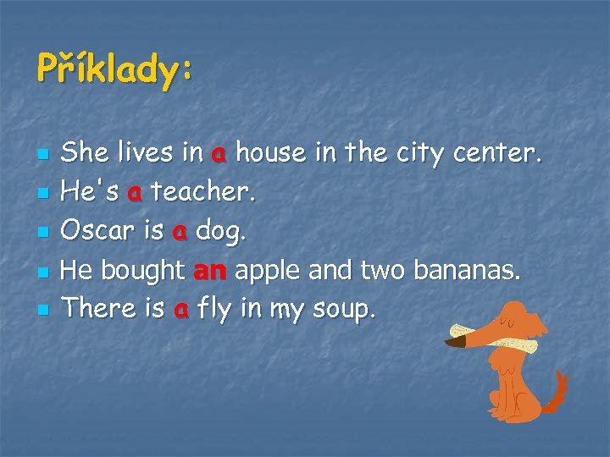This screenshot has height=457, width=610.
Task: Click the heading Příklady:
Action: click(x=114, y=68)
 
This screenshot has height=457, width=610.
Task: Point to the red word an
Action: click(x=209, y=270)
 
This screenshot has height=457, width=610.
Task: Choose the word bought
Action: click(x=143, y=270)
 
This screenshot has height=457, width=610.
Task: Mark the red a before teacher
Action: click(x=134, y=193)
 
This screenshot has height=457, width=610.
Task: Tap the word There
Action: click(x=100, y=309)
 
